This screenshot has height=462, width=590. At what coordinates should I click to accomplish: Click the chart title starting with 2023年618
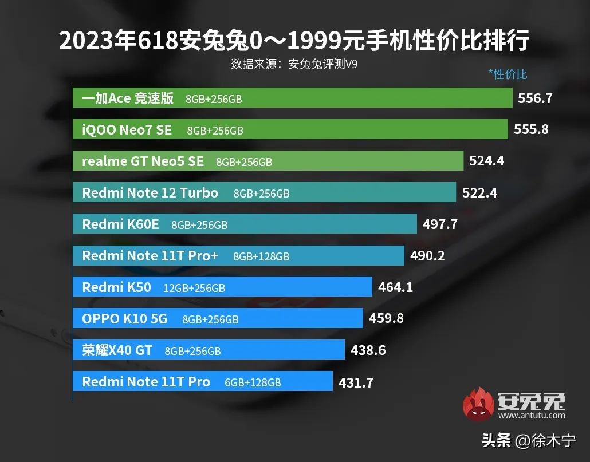(294, 41)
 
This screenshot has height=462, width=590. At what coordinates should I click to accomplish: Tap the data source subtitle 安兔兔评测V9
(294, 64)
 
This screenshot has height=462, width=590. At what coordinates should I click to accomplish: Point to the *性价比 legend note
(508, 74)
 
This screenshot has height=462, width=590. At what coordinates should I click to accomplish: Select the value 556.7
(535, 98)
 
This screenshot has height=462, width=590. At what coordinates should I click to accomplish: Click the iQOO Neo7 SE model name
(127, 130)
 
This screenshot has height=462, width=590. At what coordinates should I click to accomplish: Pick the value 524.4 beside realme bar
(486, 161)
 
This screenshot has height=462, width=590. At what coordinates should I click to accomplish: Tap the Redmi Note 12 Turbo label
(150, 193)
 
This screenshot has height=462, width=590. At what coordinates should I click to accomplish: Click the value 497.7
(440, 224)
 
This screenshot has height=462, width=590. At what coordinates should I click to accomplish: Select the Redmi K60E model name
(120, 224)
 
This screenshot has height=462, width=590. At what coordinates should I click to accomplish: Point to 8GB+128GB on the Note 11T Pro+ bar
(261, 256)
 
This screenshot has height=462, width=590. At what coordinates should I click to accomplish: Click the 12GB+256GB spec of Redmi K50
(194, 288)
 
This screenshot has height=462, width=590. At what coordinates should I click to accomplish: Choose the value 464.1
(395, 287)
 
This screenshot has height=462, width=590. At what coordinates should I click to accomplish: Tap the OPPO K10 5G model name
(125, 319)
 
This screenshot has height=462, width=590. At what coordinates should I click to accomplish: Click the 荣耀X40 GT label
(117, 350)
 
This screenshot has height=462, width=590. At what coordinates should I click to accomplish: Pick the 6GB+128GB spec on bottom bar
(253, 382)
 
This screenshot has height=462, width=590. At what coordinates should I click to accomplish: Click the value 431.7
(356, 382)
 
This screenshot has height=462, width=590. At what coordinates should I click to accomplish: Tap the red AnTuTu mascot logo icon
(478, 403)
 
